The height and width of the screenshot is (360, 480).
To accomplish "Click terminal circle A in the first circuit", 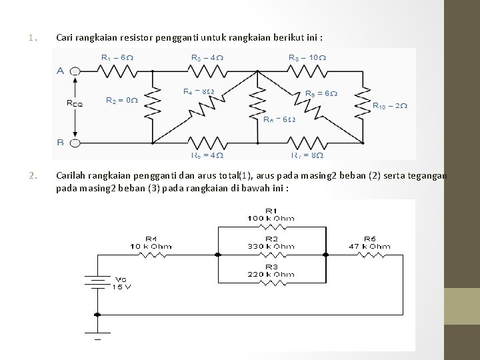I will (75, 69).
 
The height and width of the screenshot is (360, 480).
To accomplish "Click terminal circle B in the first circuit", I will (75, 142).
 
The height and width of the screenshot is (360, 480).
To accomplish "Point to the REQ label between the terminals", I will (75, 103).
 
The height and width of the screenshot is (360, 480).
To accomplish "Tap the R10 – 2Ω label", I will (389, 105).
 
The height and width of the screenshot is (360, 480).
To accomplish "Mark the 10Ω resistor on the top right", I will (305, 69).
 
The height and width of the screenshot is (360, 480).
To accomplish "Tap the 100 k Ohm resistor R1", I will (271, 227).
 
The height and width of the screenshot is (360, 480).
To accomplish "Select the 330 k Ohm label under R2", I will (271, 246).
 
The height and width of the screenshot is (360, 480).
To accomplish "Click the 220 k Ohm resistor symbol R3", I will (271, 282).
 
